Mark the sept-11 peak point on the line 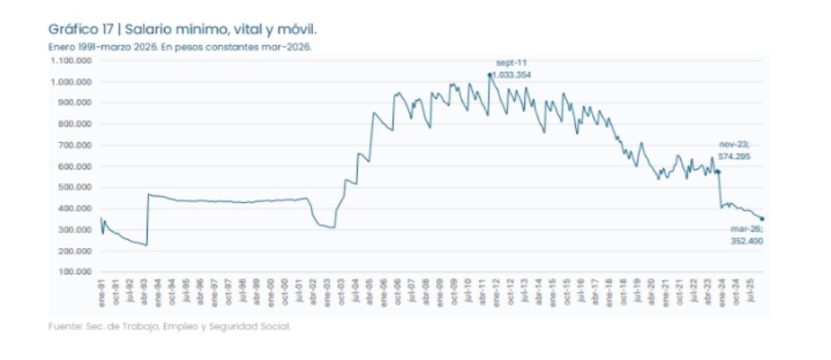tap(489, 74)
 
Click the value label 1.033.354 tap(512, 74)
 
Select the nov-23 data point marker tap(718, 172)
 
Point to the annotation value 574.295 tap(734, 156)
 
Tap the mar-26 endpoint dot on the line tap(762, 219)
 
